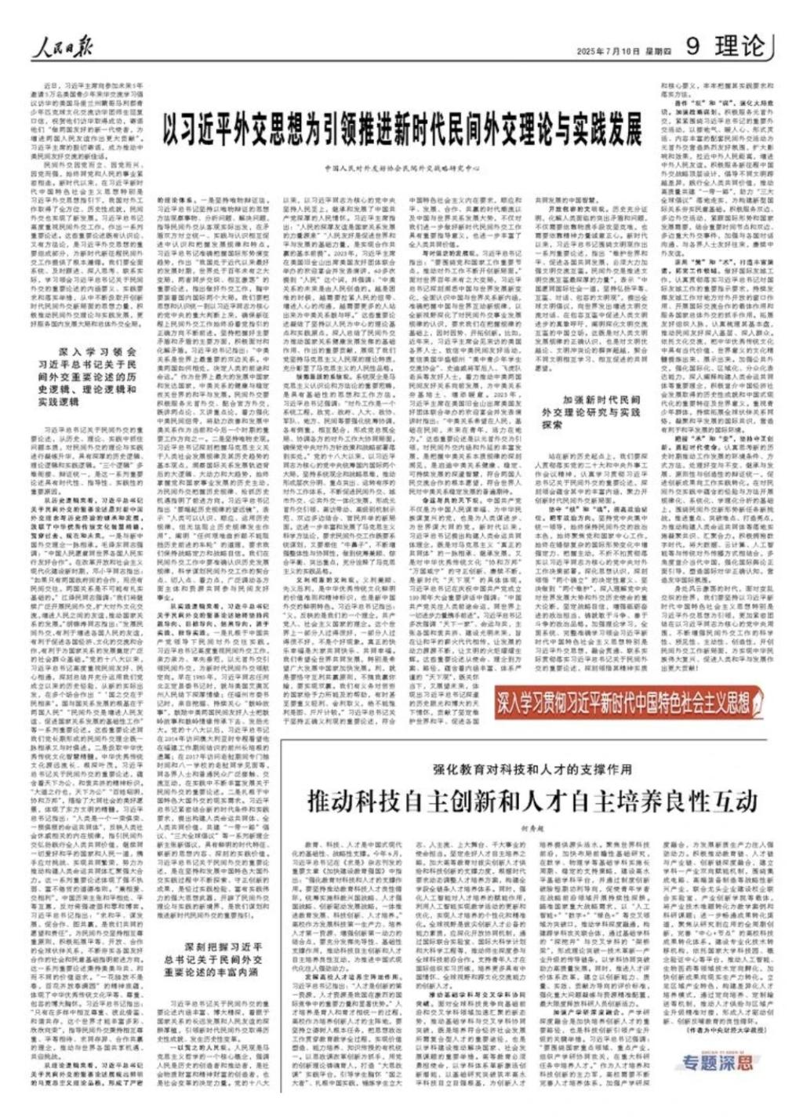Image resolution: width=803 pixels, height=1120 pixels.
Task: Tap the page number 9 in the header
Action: click(x=692, y=46)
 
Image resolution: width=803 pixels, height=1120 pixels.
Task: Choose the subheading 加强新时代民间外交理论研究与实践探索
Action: click(x=590, y=411)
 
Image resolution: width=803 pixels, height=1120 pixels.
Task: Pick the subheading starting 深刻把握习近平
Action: click(x=213, y=958)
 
